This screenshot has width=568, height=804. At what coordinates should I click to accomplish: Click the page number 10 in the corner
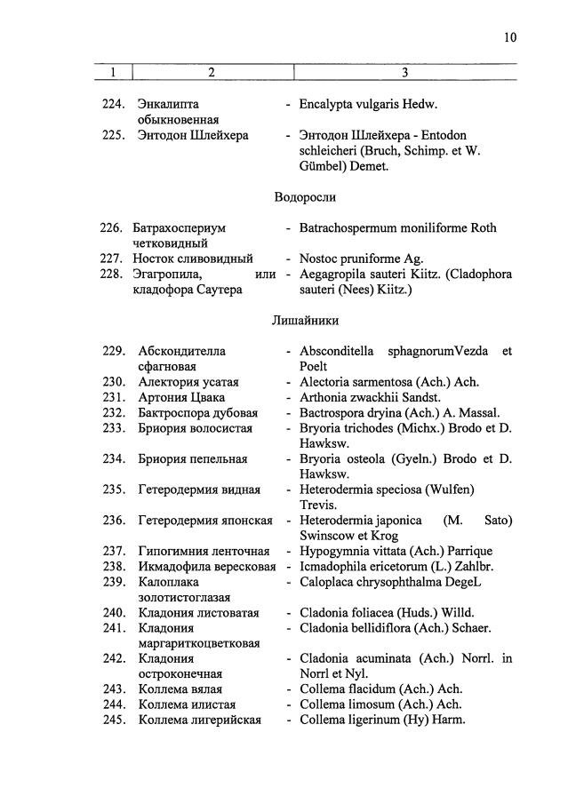coord(509,37)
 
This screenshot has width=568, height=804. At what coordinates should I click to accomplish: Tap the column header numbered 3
coord(404,72)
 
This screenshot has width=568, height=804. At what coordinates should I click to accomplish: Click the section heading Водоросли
coord(305,197)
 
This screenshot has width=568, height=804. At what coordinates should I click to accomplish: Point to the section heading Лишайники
coord(305,320)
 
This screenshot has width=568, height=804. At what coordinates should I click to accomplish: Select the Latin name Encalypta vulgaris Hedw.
coord(369,104)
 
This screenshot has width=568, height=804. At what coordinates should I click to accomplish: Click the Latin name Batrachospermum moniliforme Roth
coord(397,227)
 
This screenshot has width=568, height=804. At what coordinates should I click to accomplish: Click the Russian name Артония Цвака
coord(181,397)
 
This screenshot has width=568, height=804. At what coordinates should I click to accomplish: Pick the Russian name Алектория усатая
coord(188,382)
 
